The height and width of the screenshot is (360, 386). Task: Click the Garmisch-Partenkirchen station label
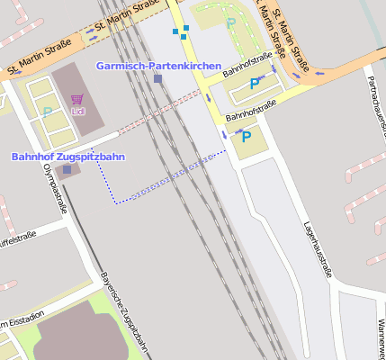pos(157,67)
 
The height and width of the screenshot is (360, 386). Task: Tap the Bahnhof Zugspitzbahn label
pos(67,157)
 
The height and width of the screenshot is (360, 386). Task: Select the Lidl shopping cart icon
pos(77,98)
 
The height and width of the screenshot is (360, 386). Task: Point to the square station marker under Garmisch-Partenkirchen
pos(157,79)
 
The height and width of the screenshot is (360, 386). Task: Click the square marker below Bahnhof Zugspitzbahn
pos(67,169)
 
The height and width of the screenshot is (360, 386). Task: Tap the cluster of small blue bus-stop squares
pos(182,32)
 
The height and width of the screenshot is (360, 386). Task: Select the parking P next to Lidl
pos(47,112)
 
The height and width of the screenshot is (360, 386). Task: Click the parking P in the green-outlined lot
pos(231,22)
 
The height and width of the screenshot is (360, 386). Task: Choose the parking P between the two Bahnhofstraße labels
pos(255,84)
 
